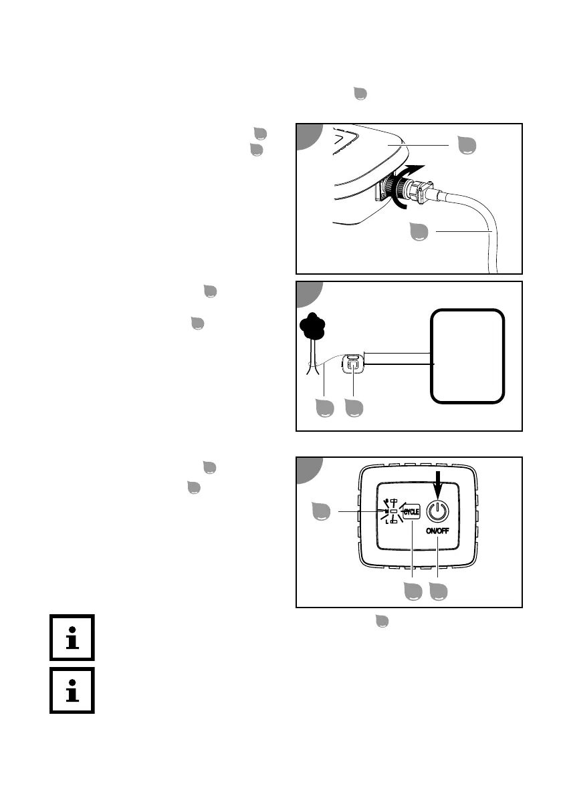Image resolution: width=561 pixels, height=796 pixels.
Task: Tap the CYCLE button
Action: point(411,512)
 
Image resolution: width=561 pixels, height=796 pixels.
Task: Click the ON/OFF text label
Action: point(437,531)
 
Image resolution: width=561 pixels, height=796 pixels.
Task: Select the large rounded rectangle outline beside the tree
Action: point(467,356)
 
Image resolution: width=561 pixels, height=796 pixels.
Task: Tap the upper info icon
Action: point(72,638)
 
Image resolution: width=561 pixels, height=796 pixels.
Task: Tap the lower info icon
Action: point(72,690)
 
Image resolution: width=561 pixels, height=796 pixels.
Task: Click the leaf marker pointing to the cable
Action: point(421,231)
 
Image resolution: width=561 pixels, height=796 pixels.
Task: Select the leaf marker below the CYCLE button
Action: point(413,590)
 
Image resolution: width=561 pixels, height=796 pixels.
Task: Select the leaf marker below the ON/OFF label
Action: point(438,590)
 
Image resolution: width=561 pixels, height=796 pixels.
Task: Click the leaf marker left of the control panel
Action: point(323,512)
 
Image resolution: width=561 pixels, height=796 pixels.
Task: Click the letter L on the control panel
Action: point(387,521)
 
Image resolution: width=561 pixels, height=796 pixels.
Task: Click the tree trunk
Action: point(311,358)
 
